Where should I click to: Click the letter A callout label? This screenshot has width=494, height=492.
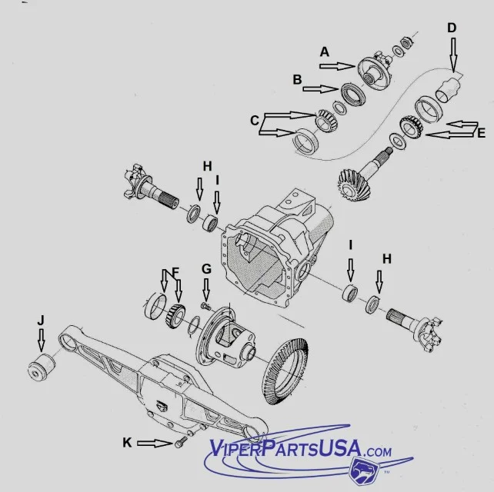tap(325, 52)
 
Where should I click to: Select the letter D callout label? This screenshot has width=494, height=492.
tap(452, 28)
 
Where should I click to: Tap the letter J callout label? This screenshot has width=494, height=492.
tap(40, 318)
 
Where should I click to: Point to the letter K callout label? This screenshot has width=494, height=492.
tap(128, 442)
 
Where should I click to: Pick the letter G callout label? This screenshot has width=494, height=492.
tap(206, 268)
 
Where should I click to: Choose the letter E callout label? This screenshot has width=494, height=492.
tap(481, 133)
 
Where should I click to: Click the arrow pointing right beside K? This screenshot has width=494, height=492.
tap(156, 443)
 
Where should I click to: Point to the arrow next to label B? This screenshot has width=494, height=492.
tap(321, 88)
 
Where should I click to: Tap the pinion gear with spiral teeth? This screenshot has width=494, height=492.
tap(353, 185)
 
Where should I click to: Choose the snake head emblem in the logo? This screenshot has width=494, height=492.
tap(363, 470)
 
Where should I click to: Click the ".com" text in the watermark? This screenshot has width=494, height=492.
tap(373, 451)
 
